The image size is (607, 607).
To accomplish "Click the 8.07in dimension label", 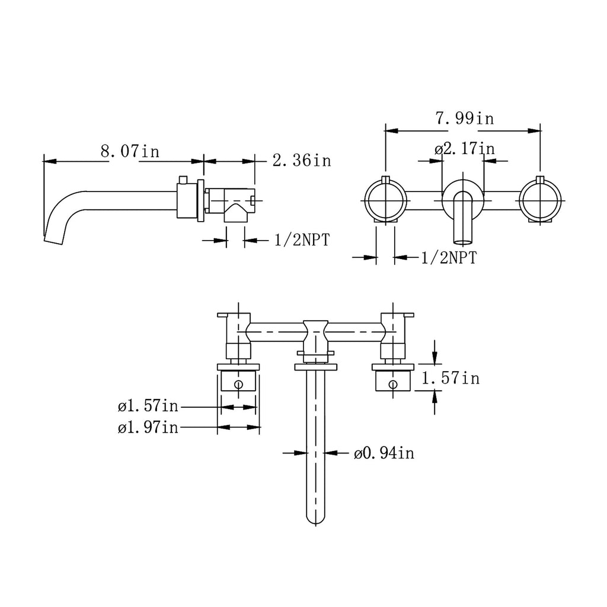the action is click(130, 151).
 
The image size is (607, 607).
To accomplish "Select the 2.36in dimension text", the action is click(302, 160).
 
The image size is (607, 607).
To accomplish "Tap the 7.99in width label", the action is click(465, 118).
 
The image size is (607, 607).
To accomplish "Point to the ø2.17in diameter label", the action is click(465, 149).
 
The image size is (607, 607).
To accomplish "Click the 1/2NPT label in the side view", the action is click(302, 240).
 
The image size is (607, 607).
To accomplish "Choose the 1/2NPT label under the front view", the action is click(449, 257).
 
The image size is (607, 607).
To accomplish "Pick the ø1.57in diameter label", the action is click(148, 406).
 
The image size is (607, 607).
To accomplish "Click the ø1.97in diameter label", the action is click(148, 427).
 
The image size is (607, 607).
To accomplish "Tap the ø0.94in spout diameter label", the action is click(384, 452).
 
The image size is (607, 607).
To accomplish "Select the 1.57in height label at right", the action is click(451, 378).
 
